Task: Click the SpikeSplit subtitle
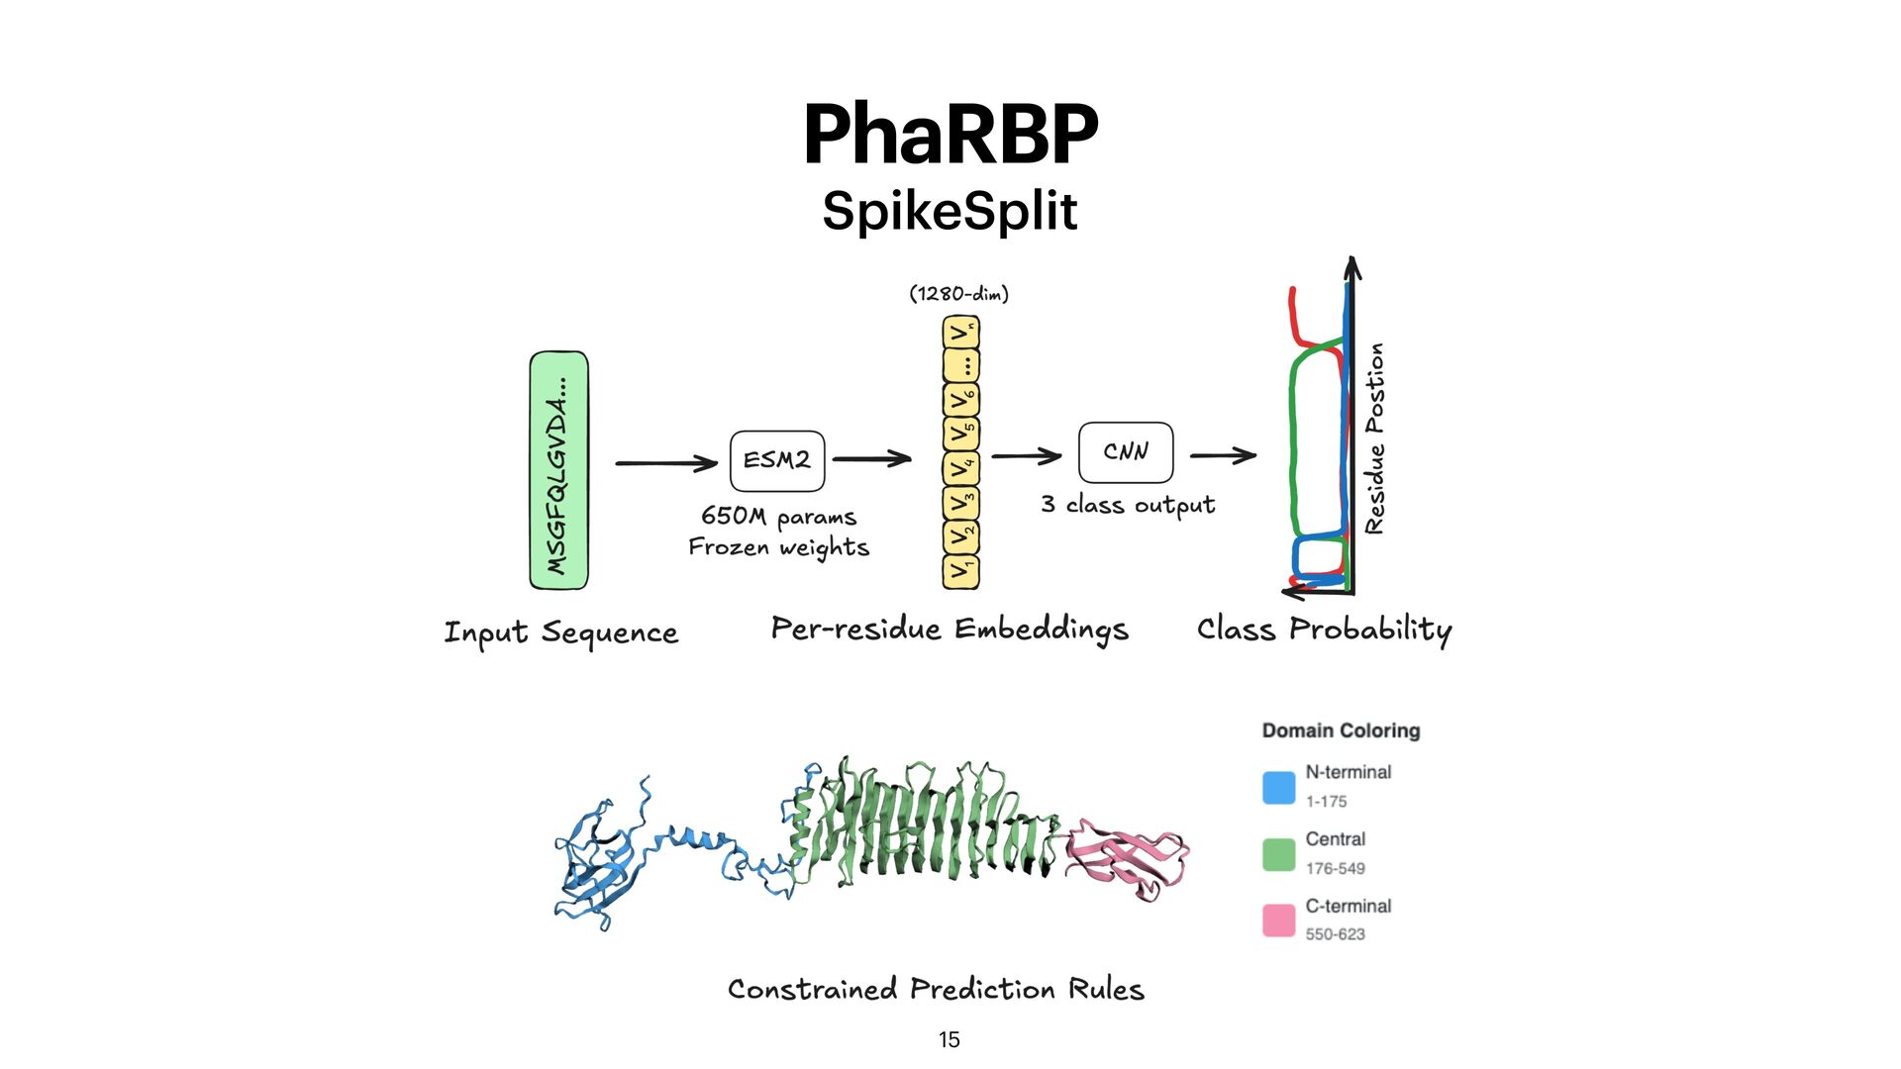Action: (950, 211)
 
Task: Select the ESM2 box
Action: (777, 460)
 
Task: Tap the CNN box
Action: (1126, 452)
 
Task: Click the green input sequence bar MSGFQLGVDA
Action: (558, 470)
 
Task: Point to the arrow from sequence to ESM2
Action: (665, 463)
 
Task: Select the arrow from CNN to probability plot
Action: (1223, 455)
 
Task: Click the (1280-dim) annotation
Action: (958, 294)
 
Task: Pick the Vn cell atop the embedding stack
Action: (960, 332)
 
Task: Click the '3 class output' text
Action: (1128, 505)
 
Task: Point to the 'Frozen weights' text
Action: (779, 547)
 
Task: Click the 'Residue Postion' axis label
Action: (1374, 438)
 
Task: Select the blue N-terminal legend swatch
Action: (1278, 788)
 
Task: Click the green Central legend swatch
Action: (1278, 854)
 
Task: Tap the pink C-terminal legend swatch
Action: (1278, 921)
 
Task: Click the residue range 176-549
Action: (1335, 869)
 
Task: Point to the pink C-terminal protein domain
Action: (1129, 856)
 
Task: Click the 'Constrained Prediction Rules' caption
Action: (936, 990)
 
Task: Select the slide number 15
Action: (949, 1039)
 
